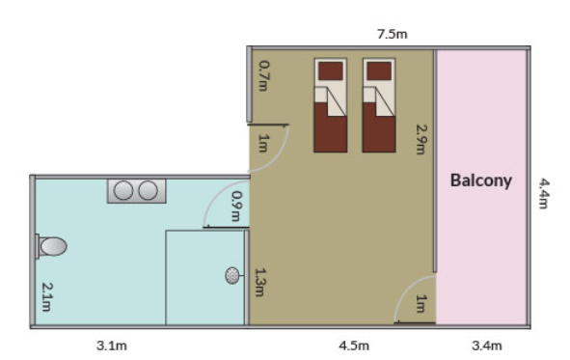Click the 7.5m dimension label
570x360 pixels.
coord(393,34)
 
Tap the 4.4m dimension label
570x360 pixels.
coord(544,193)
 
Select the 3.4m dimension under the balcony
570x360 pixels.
coord(487,346)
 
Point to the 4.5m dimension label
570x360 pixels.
coord(354,346)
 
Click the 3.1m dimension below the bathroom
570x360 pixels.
coord(112,346)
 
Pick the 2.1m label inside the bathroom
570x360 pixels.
coord(47,297)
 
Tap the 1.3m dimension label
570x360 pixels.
coord(260,282)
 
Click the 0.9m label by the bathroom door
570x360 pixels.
coord(236,207)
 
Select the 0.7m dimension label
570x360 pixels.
coord(264,75)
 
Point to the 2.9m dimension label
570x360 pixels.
coord(421,140)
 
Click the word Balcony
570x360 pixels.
coord(481,180)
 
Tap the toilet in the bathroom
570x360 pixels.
coord(51,246)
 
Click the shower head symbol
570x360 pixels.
coord(233,275)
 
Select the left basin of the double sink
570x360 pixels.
coord(123,190)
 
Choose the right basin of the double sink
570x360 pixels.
coord(149,190)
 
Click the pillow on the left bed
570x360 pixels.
coord(331,70)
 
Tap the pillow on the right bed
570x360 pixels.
coord(379,70)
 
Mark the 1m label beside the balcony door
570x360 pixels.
coord(421,304)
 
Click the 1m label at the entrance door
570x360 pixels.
coord(263,143)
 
